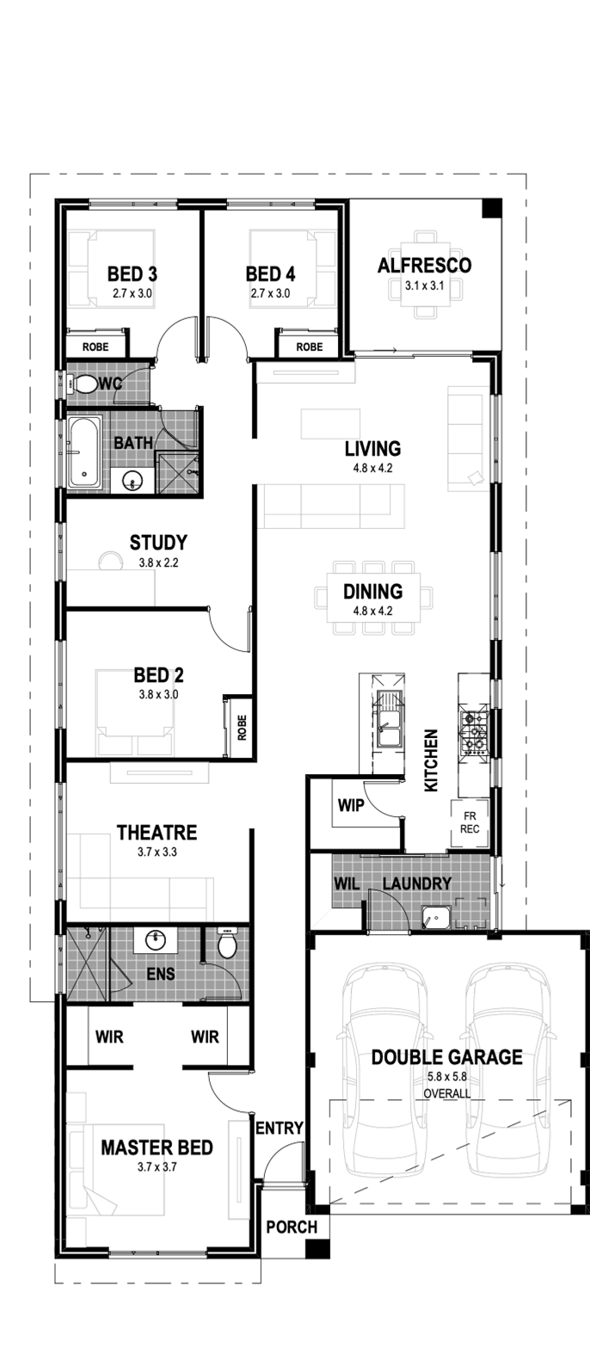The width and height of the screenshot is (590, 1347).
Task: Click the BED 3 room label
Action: coord(132,274)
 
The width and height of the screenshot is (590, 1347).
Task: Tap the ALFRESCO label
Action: coord(424,265)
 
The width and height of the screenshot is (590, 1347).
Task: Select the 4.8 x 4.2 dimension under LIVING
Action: coord(373,468)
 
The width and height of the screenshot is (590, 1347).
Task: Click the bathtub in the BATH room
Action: coord(84,452)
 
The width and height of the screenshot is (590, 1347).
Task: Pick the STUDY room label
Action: coord(158,543)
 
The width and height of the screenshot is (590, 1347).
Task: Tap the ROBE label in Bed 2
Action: coord(242,727)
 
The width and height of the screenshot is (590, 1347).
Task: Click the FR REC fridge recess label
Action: coord(470,822)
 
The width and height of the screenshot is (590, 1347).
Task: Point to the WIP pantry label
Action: coord(351,805)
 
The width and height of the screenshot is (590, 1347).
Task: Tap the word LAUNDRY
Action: coord(417,883)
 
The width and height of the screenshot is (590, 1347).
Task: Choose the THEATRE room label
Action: coord(157,833)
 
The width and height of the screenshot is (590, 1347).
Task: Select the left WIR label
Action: coord(109,1036)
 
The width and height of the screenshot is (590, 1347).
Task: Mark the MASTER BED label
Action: coord(157,1147)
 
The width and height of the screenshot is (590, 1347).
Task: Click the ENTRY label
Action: coord(279,1129)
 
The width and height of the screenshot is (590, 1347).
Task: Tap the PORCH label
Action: coord(292,1227)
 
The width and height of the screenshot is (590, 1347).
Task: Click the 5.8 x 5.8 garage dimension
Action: coord(447,1076)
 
